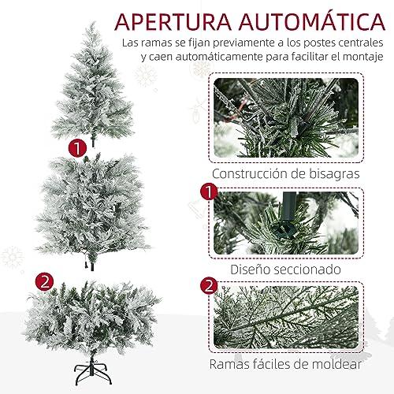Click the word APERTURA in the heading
click(173, 21)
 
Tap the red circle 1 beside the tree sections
click(77, 148)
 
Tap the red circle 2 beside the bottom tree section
click(44, 282)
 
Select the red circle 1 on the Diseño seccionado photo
click(209, 192)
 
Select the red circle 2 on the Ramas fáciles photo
click(209, 286)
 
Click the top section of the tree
click(93, 84)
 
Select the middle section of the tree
click(92, 210)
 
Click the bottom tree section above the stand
click(92, 318)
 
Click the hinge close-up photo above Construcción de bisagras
click(286, 117)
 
